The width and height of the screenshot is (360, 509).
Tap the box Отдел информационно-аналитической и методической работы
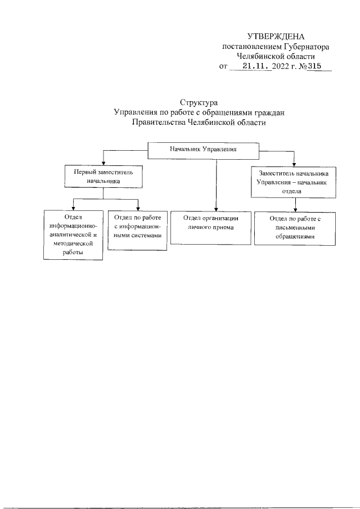pos(74,234)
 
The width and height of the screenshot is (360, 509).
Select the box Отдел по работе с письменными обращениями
pos(295,228)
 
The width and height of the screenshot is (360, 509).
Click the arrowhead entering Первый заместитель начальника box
pos(103,164)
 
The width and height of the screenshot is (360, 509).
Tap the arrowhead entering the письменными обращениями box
pos(295,209)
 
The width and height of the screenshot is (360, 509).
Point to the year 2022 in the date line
pos(280,66)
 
